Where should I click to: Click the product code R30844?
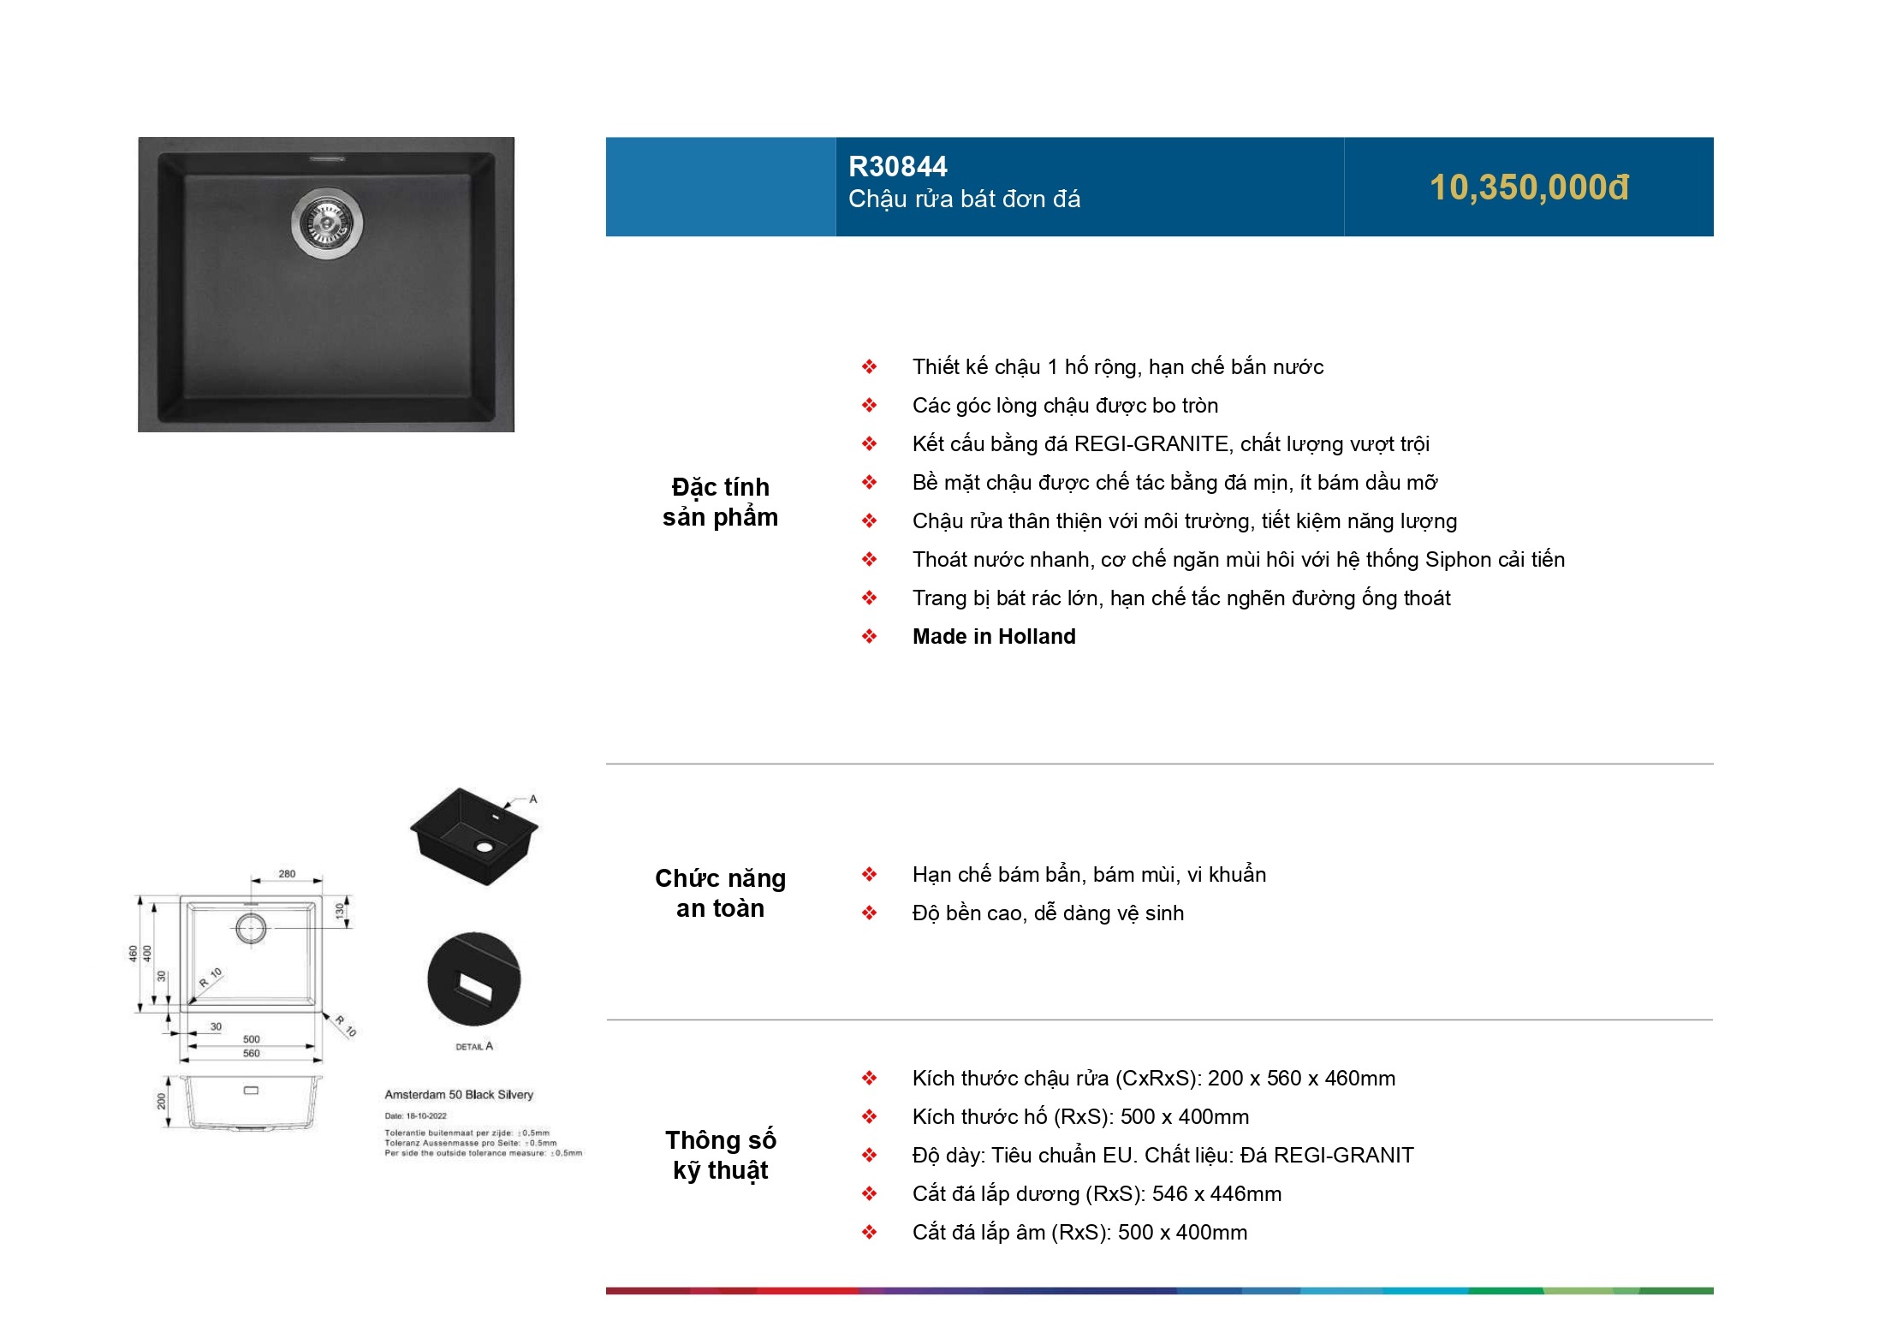pos(897,166)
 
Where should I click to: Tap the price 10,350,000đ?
pos(1528,187)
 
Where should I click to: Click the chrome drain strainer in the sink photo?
pos(327,222)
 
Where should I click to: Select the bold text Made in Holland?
pos(993,636)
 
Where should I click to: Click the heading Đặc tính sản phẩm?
pos(720,502)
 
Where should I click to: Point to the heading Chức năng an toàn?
pos(720,893)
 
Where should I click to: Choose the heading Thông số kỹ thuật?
pos(720,1155)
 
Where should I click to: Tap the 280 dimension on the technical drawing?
pos(287,874)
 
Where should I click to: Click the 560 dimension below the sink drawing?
pos(251,1054)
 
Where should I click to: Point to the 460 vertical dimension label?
pos(133,953)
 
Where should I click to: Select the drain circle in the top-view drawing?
pos(251,928)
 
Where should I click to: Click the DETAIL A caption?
pos(474,1046)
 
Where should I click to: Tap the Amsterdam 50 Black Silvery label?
pos(459,1094)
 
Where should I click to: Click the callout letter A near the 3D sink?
pos(532,799)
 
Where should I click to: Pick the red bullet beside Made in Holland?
pos(869,636)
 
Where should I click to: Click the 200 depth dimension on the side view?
pos(161,1101)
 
